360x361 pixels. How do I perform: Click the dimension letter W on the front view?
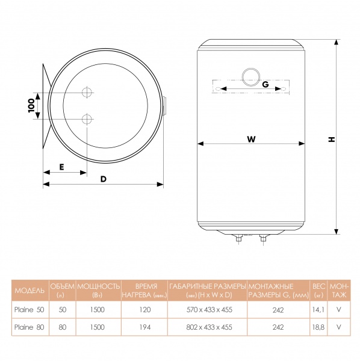[251, 139]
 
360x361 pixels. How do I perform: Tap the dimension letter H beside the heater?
[332, 140]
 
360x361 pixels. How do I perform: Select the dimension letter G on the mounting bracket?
[265, 84]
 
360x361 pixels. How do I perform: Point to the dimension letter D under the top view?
[104, 179]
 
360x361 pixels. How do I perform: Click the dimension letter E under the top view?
[61, 167]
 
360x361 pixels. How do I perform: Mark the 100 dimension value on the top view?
[31, 105]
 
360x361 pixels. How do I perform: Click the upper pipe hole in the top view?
[87, 92]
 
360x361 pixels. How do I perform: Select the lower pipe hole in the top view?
[87, 119]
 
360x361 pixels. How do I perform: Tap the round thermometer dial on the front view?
[251, 77]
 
